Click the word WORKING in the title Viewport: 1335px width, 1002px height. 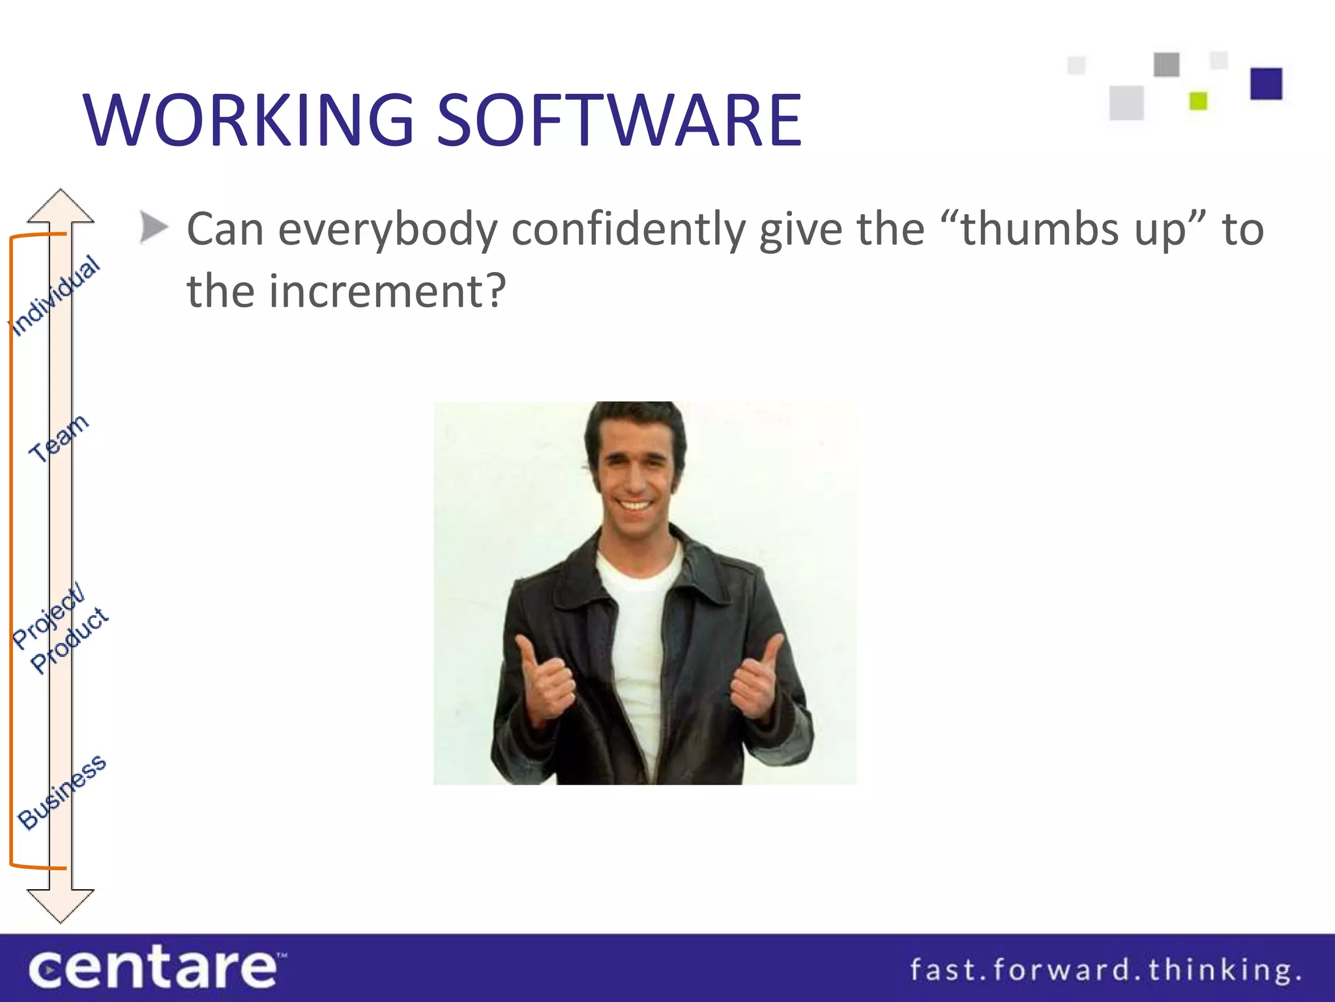pyautogui.click(x=248, y=121)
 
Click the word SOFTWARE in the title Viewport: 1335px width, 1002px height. pyautogui.click(x=619, y=121)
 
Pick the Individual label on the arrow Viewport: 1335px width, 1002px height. pyautogui.click(x=55, y=296)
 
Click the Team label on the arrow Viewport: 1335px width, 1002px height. pyautogui.click(x=59, y=438)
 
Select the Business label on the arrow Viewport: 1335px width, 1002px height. pyautogui.click(x=62, y=792)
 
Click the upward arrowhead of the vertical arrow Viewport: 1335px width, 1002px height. pyautogui.click(x=61, y=205)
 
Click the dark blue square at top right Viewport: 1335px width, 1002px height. pyautogui.click(x=1266, y=83)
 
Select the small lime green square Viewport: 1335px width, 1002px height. pyautogui.click(x=1198, y=101)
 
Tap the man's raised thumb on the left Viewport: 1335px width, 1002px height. pyautogui.click(x=528, y=652)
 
